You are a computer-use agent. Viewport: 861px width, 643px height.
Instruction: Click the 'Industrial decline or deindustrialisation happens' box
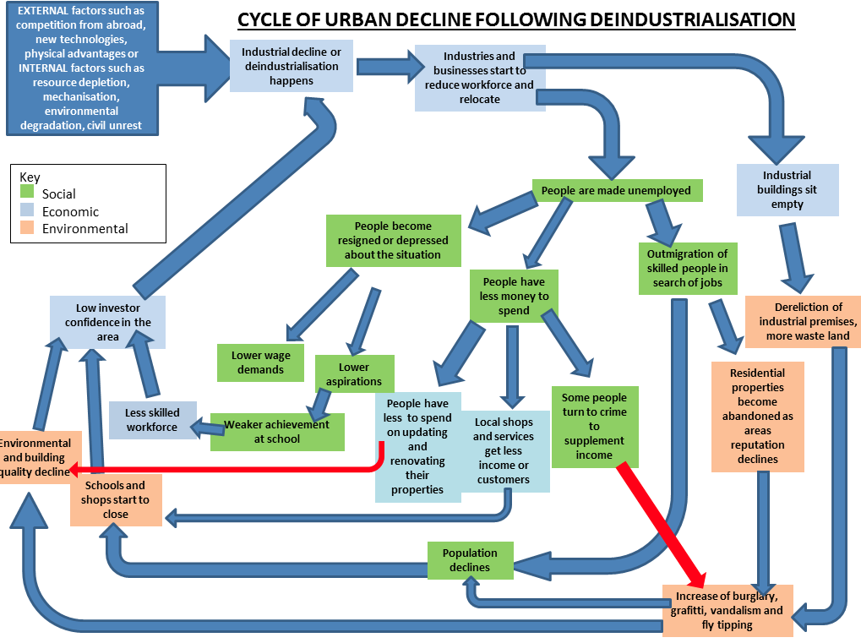[291, 66]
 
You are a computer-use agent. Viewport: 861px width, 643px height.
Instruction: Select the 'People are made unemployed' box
[617, 190]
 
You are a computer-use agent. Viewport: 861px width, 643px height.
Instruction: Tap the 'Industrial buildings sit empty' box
[787, 189]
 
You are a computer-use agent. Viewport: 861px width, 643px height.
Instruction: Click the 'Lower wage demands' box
[260, 362]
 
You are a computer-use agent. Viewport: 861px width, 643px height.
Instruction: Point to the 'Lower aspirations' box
[354, 374]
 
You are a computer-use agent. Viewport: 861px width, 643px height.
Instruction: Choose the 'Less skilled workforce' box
[152, 420]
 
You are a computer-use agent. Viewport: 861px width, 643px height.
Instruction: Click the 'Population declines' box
[471, 560]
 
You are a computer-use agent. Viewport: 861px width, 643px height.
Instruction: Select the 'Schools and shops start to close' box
[116, 499]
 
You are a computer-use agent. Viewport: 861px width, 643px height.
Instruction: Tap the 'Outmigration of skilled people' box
[688, 269]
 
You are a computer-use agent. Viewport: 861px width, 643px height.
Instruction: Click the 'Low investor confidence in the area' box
[107, 322]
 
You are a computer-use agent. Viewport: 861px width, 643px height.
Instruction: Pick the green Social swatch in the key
[27, 191]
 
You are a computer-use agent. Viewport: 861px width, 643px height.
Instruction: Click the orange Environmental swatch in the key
[27, 227]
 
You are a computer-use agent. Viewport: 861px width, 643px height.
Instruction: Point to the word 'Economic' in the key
[70, 212]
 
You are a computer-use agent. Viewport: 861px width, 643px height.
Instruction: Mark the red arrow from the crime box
[661, 525]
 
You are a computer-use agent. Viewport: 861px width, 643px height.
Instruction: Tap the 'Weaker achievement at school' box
[277, 432]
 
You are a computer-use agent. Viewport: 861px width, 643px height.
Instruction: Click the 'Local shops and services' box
[504, 451]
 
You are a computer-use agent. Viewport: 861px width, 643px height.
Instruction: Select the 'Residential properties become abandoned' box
[758, 417]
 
